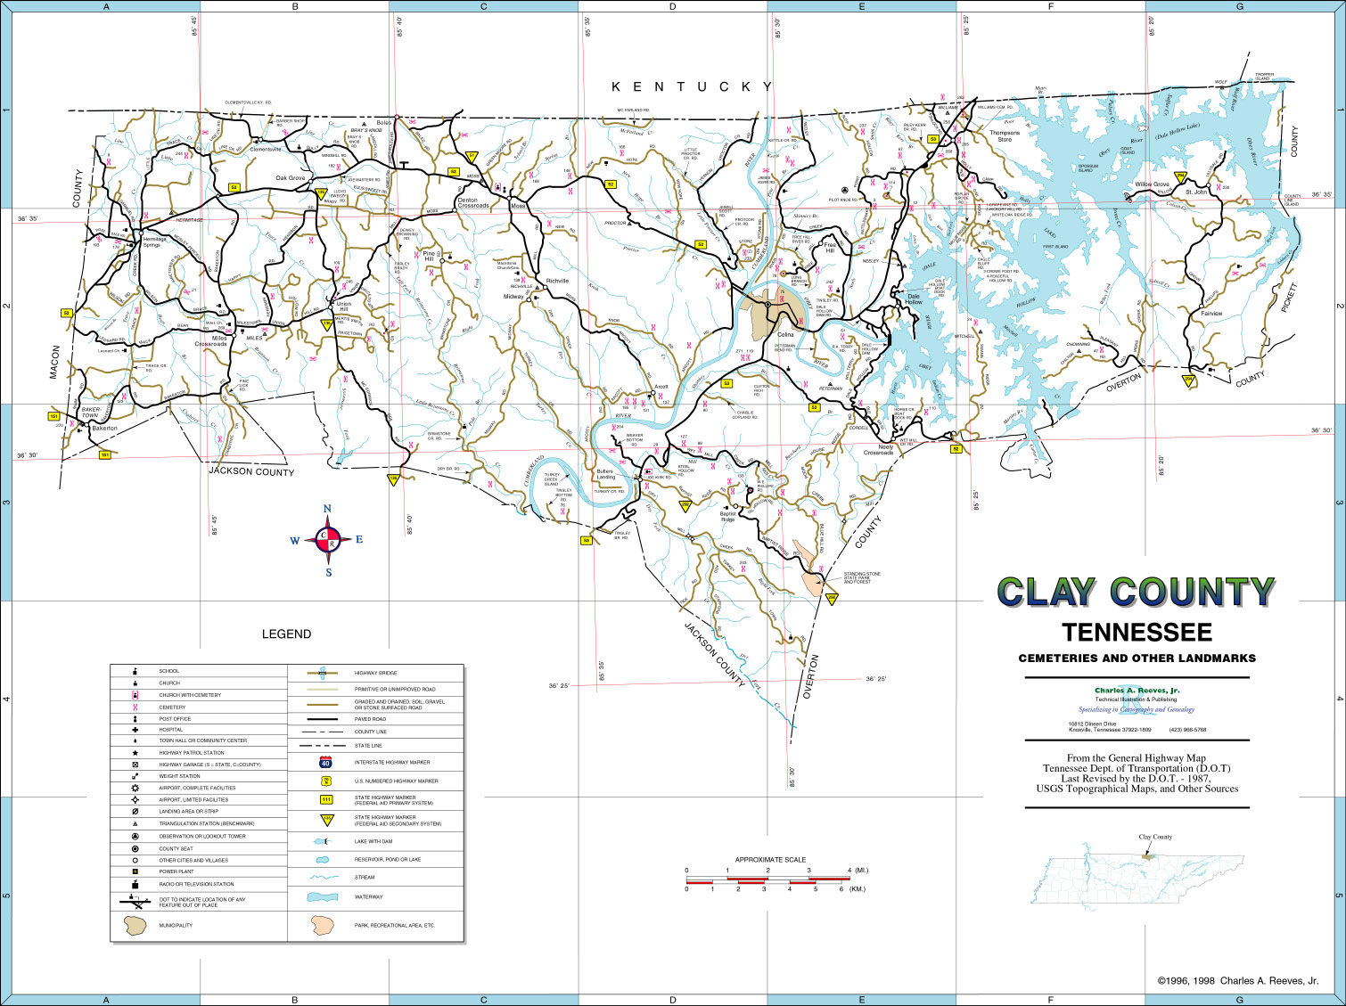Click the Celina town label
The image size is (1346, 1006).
click(784, 335)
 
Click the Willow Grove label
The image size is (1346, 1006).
click(1152, 184)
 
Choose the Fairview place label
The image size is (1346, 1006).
click(1211, 314)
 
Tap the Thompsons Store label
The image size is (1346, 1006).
click(1004, 136)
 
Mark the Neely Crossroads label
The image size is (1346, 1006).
click(878, 450)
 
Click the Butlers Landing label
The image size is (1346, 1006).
click(605, 474)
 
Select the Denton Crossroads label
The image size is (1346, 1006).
click(472, 203)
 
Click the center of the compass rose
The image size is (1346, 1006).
click(327, 540)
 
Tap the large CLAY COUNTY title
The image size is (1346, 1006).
click(1137, 592)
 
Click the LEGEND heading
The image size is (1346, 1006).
click(286, 634)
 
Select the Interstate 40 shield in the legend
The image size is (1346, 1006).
click(326, 762)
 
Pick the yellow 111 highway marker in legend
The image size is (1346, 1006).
click(326, 799)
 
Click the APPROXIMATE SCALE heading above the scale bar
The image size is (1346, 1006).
click(770, 860)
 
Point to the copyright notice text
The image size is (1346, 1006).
click(1237, 980)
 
